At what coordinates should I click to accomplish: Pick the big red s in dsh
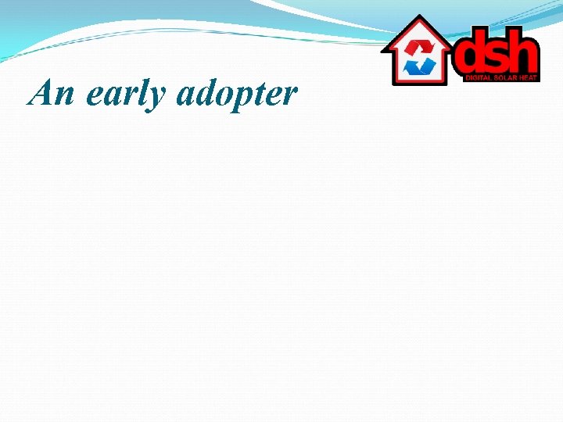pyautogui.click(x=500, y=56)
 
